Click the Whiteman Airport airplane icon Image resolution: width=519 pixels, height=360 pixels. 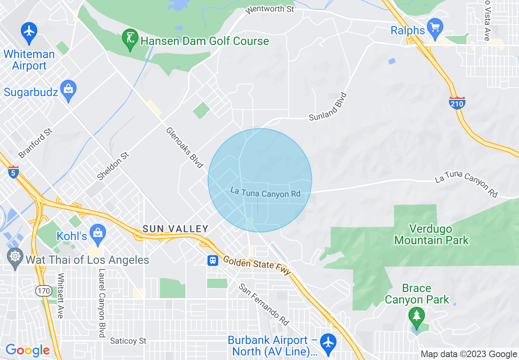29,32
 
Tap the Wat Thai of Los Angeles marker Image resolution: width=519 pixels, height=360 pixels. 16,258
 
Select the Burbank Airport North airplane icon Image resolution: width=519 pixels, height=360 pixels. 328,343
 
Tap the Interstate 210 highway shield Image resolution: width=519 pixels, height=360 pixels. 456,103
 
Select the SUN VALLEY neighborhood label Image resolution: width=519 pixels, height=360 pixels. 175,229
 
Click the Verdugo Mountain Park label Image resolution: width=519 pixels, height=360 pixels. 431,234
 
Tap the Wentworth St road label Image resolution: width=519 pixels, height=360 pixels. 270,9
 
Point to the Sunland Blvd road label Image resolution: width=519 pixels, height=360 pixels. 328,107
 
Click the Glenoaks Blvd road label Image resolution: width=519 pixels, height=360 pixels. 185,147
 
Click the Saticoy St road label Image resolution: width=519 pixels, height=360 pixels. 128,341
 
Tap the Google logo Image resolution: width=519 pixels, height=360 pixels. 27,350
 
